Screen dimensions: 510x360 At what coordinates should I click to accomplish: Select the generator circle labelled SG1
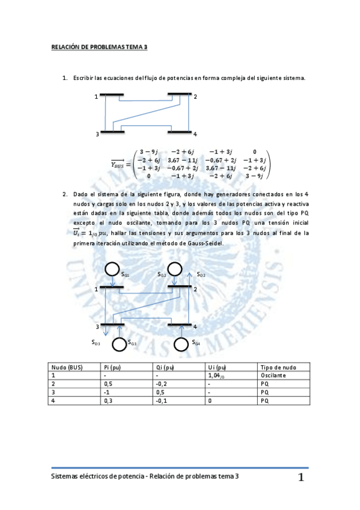(x=112, y=268)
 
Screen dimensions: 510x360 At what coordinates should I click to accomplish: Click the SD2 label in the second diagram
(x=202, y=275)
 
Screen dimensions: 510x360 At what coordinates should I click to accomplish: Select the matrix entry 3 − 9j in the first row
(x=150, y=152)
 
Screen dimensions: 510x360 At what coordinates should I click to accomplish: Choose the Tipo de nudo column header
(x=277, y=367)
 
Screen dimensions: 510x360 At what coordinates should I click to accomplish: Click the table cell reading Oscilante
(x=273, y=375)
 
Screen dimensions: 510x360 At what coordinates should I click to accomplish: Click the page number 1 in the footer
(x=301, y=479)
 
